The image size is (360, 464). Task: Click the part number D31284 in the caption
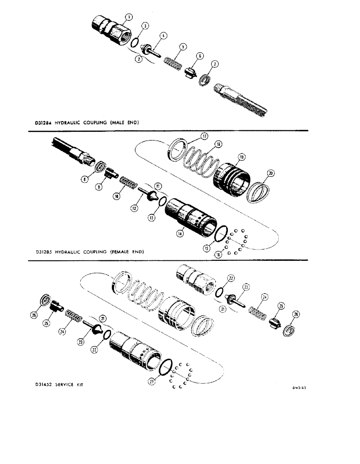(43, 123)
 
